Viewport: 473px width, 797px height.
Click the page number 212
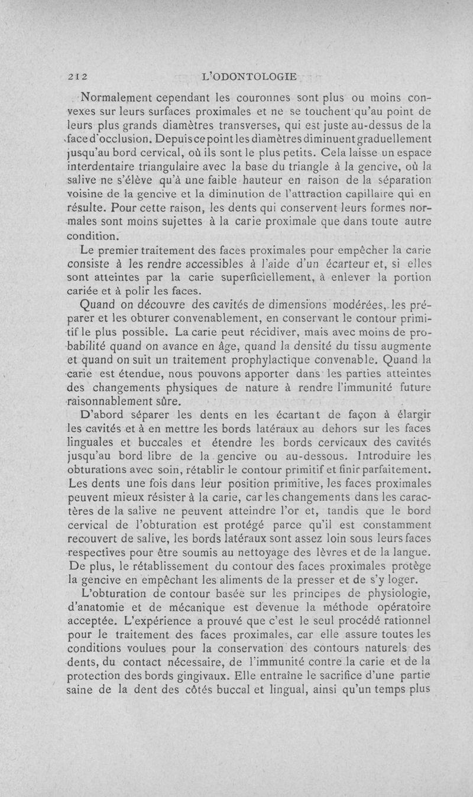[77, 76]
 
